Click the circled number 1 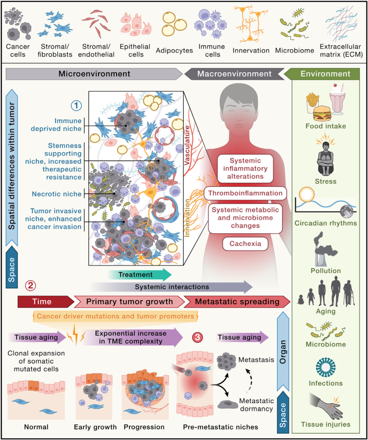76,106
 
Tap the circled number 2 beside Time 30,285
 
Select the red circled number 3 197,337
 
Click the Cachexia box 245,243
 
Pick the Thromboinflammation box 245,193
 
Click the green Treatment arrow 139,274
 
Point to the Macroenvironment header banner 234,74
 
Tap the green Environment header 325,74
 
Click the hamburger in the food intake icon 322,114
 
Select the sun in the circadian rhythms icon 306,195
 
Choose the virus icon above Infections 326,367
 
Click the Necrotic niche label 57,194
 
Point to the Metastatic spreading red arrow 237,301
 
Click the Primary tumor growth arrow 129,301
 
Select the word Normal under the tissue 36,427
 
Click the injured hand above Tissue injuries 327,407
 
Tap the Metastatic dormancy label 256,405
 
